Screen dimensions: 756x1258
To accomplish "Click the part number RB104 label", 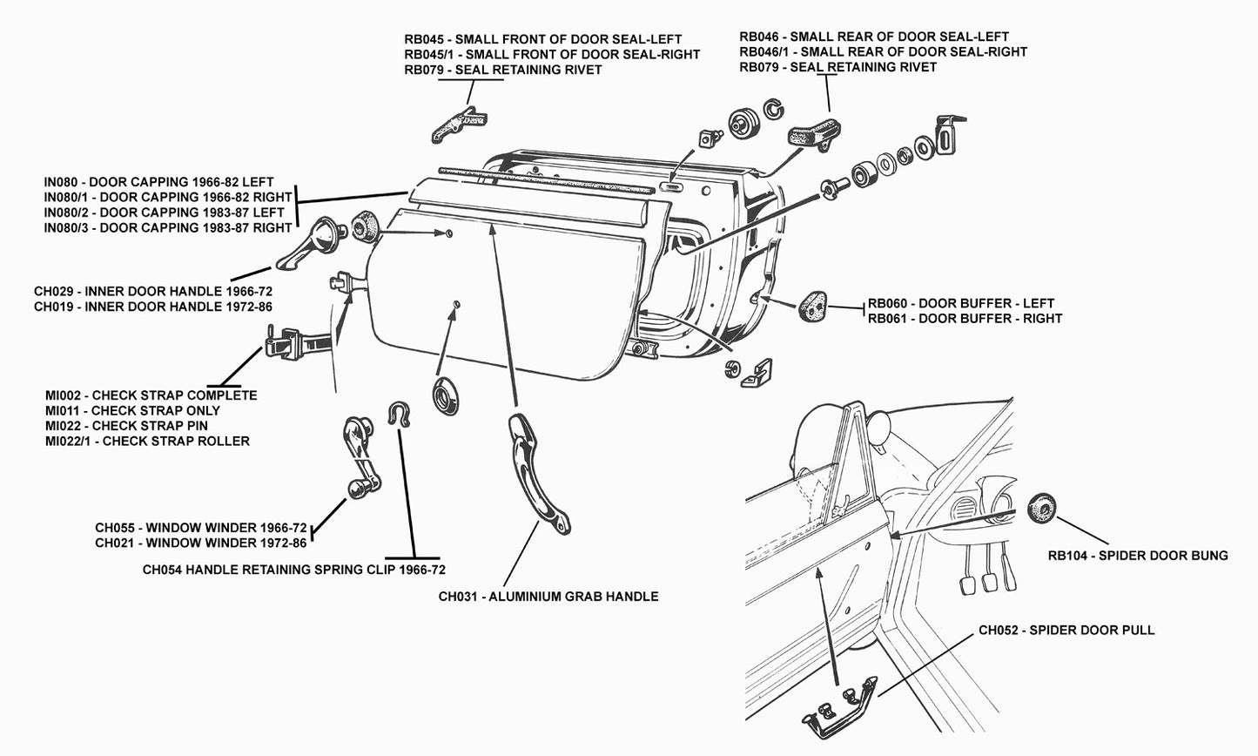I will [1138, 556].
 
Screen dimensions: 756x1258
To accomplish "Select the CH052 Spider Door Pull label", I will [1066, 630].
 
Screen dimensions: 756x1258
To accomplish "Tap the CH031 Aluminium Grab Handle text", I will [548, 597].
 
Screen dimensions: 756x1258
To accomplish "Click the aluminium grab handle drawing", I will [538, 475].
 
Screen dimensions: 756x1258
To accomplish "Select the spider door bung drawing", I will [1041, 509].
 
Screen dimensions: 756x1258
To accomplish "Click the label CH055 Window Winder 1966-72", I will [200, 528].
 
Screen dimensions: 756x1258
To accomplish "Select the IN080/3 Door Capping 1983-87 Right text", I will [168, 228].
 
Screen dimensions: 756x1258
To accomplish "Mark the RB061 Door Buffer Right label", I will [965, 319].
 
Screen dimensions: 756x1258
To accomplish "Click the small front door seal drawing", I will [457, 125].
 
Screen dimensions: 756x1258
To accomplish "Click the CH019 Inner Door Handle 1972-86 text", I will [152, 307].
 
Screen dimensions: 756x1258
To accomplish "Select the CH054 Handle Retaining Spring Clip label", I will [293, 570].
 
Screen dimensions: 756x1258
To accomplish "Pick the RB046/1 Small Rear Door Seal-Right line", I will [883, 51].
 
